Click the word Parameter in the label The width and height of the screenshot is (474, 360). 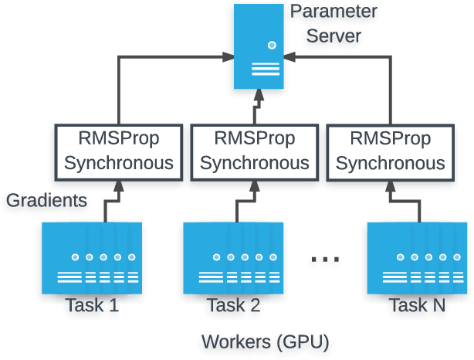pos(333,12)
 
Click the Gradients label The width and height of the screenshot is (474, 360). pos(47,201)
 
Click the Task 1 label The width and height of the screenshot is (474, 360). pos(92,305)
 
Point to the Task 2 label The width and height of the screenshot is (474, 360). pos(233,305)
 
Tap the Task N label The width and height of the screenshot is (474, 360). pos(417,305)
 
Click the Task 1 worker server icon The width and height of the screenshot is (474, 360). pos(92,257)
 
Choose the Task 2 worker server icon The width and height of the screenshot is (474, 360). pos(233,257)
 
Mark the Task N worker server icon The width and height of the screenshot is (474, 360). pos(417,257)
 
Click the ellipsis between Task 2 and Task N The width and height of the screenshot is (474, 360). pos(324,260)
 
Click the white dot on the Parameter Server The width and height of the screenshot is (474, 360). pos(272,46)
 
